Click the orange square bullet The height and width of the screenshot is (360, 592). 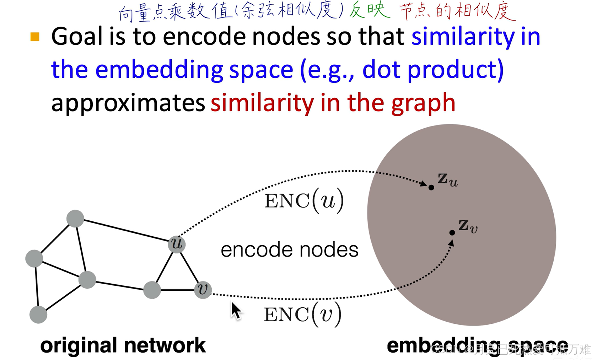(35, 37)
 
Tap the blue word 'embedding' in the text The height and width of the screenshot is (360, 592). (160, 70)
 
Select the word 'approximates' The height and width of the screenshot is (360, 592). (128, 103)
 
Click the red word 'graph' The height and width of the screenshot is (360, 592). (423, 103)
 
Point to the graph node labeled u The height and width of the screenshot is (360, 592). (177, 244)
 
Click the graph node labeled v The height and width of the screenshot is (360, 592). (203, 290)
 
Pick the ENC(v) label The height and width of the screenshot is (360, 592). (302, 314)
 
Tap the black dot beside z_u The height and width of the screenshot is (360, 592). (431, 187)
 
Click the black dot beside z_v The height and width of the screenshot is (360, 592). (452, 233)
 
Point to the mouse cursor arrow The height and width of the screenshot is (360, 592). (235, 311)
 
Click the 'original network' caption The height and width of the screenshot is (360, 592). (123, 345)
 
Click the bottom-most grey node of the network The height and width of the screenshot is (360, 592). (38, 315)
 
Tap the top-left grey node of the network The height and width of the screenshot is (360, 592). (75, 219)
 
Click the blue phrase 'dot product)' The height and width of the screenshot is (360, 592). (433, 70)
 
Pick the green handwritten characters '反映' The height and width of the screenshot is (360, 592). (369, 11)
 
